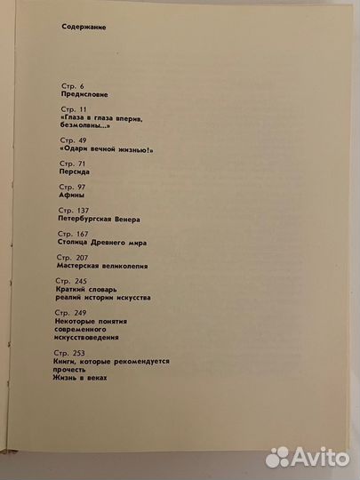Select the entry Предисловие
coord(82,94)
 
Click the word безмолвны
coord(85,126)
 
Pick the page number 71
coord(84,164)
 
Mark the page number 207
coord(86,258)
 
